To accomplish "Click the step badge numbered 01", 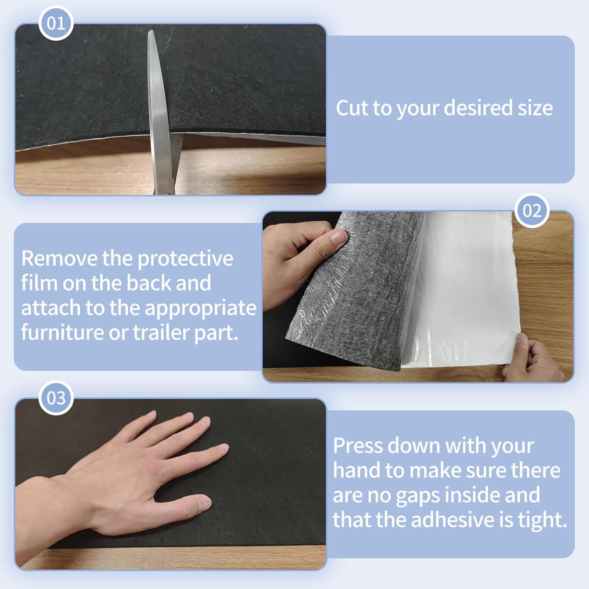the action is (x=56, y=23).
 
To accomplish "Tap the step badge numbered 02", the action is (x=532, y=210).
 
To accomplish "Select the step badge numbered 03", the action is (x=56, y=398).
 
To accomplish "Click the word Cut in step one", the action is (x=352, y=108).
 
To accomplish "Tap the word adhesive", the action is (x=452, y=519).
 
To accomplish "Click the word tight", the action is (x=542, y=520).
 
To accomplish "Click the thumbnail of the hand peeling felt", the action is (x=418, y=297).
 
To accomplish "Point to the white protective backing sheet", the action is (x=463, y=291).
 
